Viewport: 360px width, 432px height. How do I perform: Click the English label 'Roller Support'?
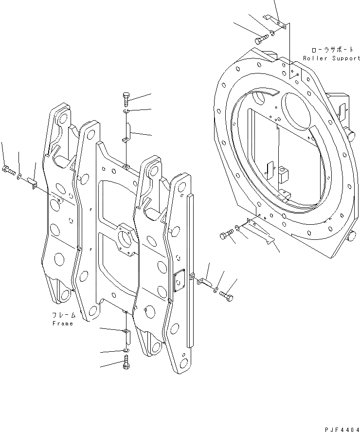(332, 58)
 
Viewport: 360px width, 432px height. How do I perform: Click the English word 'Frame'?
(62, 323)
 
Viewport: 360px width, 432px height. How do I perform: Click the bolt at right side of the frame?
(226, 295)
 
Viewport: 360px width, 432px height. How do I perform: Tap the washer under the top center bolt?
(126, 113)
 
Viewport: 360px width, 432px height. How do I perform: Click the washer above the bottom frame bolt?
(126, 350)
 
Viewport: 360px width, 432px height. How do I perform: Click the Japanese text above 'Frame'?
(62, 315)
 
